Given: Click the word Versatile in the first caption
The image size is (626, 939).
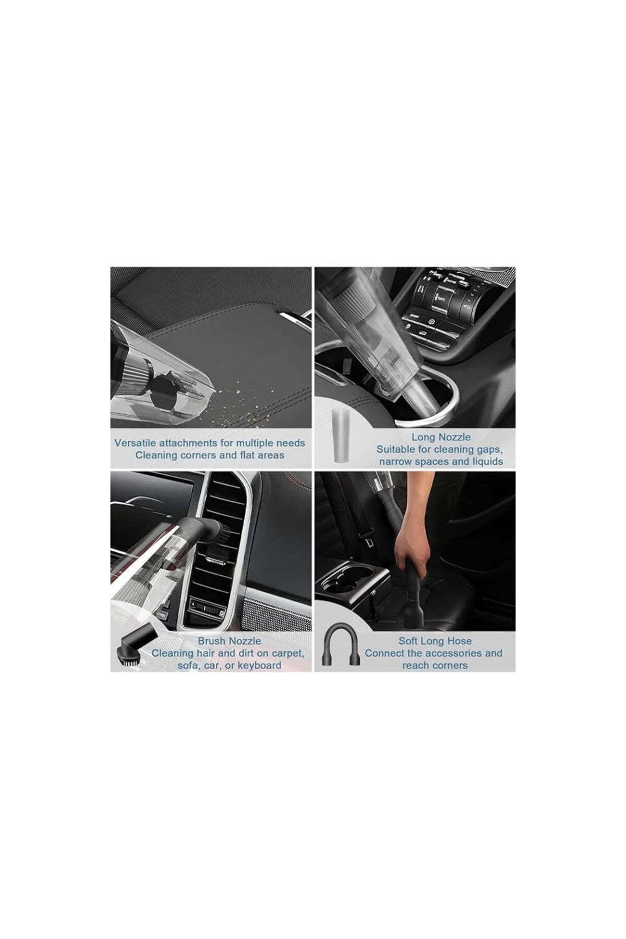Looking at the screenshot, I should coord(134,443).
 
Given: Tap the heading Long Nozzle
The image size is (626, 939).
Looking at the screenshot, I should coord(441,437).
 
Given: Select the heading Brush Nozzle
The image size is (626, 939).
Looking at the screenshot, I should coord(229,641).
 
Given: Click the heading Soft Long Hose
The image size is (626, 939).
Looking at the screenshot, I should coord(435,641).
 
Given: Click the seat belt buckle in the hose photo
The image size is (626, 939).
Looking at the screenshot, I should coord(369,543).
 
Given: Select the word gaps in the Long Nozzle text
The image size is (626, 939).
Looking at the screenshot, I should coord(489,449).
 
